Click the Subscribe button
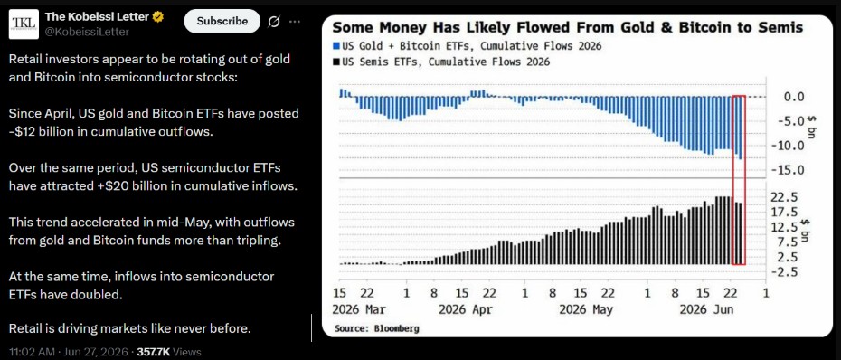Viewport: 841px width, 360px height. tap(222, 21)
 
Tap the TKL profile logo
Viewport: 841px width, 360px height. tap(24, 24)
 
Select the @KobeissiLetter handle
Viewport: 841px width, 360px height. tap(86, 33)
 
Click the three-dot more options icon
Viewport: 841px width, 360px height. tap(295, 22)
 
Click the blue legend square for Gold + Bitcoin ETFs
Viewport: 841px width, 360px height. tap(335, 47)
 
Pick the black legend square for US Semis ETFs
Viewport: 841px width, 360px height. tap(335, 62)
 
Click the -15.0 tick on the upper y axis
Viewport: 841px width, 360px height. tap(787, 171)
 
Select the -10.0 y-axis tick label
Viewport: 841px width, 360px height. tap(787, 146)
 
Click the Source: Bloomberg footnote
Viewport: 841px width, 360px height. tap(376, 327)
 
